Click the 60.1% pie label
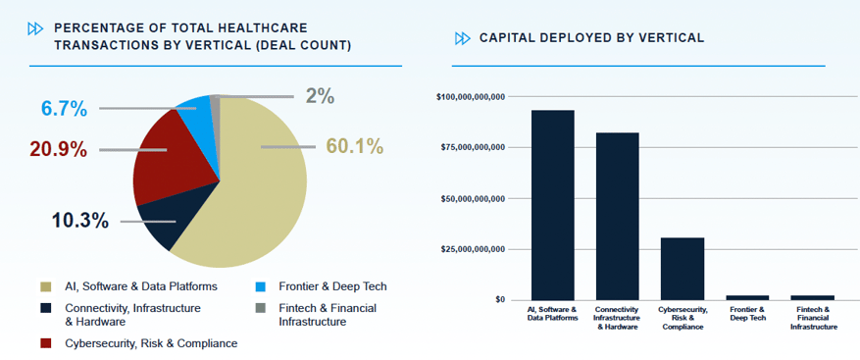(354, 146)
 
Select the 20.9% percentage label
(58, 149)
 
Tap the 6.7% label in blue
(64, 109)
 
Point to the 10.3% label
(80, 221)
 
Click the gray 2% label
(320, 96)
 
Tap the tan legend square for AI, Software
(46, 287)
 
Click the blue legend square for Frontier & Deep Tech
(261, 287)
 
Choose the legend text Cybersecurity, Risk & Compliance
(151, 344)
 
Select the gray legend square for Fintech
(261, 308)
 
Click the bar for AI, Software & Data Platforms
(553, 205)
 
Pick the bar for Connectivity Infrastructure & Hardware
(618, 216)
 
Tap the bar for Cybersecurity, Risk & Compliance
(683, 269)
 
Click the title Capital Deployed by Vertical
(591, 38)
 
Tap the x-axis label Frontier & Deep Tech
(747, 314)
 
